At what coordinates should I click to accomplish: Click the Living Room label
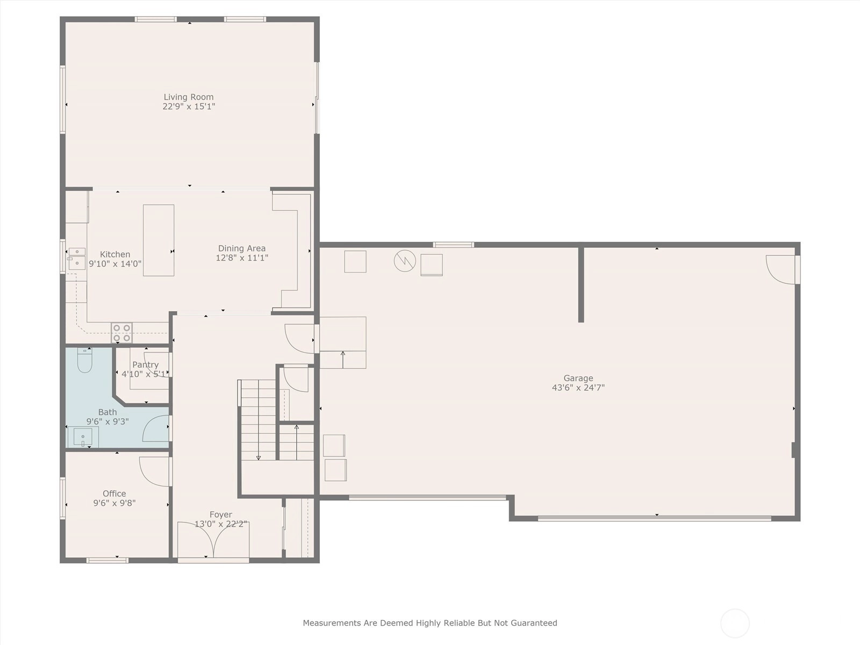click(x=189, y=97)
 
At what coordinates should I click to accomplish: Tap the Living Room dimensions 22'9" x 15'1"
click(x=189, y=106)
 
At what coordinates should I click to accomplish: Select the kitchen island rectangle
click(x=159, y=240)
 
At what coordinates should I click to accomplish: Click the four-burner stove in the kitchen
click(x=122, y=333)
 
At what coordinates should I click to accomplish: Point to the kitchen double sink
click(x=77, y=258)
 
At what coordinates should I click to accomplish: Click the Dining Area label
click(x=242, y=248)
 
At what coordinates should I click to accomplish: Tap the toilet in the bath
click(x=84, y=360)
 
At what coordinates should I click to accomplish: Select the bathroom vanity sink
click(x=83, y=436)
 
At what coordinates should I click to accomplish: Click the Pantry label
click(x=145, y=364)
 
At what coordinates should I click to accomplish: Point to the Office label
click(x=114, y=493)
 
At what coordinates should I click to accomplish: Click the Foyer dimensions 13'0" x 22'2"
click(x=221, y=524)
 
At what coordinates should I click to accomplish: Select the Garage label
click(x=578, y=378)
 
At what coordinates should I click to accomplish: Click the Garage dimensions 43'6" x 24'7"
click(x=578, y=388)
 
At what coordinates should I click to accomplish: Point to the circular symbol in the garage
click(x=405, y=261)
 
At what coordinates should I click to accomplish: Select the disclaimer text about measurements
click(x=430, y=622)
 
